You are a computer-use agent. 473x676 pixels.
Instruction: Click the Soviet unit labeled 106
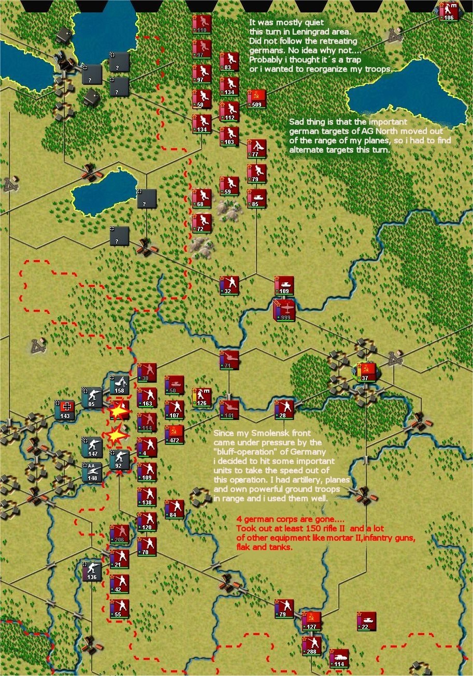coord(449,11)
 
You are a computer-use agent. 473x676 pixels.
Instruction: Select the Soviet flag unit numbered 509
coord(256,98)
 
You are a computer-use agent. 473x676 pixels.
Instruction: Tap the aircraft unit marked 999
coord(283,310)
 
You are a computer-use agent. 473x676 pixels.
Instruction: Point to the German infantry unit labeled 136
coord(92,570)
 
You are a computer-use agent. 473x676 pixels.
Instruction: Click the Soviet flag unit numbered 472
coord(174,434)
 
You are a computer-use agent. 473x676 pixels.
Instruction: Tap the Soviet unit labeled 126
coord(202,397)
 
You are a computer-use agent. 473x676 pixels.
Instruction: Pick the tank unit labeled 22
coord(366,621)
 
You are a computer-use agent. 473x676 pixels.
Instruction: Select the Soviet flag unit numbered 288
coord(311,645)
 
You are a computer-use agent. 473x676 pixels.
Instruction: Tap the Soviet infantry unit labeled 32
coord(229,285)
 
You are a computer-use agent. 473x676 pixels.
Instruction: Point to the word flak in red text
coord(243,547)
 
